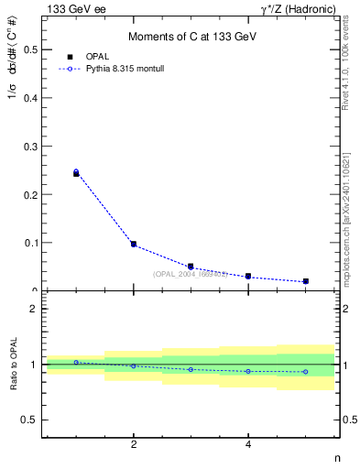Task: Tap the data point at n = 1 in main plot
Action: click(76, 172)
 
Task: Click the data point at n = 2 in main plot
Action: click(134, 245)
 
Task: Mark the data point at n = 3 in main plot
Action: click(191, 267)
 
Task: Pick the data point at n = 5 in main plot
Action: click(305, 281)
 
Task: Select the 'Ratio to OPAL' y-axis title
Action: click(13, 365)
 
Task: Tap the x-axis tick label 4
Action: click(248, 445)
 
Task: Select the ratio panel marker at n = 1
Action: click(76, 362)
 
